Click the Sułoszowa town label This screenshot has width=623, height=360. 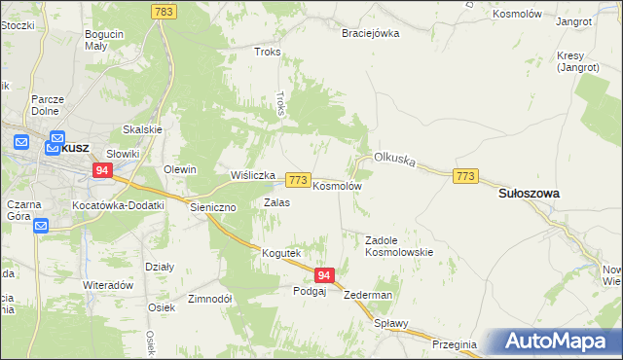[x=529, y=194]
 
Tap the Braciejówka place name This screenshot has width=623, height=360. [x=370, y=33]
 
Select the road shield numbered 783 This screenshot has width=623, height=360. [x=164, y=11]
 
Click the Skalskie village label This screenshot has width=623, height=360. [x=141, y=129]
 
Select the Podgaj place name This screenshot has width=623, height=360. [x=310, y=290]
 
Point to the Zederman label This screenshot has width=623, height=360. [x=368, y=295]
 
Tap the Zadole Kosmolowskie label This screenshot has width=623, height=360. [x=398, y=245]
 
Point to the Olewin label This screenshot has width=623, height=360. [x=180, y=169]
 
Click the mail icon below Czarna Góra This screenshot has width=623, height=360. [x=41, y=227]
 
